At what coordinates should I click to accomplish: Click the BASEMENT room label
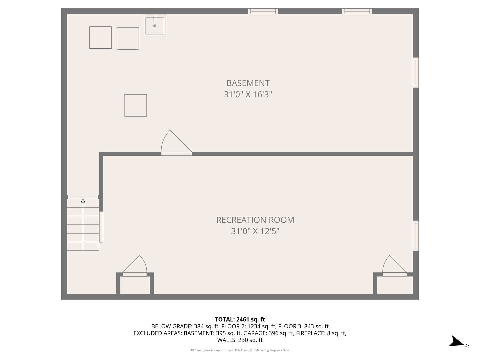(248, 83)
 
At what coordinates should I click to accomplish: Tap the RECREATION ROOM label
(255, 220)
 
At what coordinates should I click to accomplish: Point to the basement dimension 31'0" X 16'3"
(248, 95)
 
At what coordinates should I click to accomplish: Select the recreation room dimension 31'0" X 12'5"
(255, 231)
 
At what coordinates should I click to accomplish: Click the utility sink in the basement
(155, 25)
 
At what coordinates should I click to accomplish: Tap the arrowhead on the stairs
(83, 201)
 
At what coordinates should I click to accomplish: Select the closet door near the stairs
(135, 267)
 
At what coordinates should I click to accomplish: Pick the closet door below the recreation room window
(394, 267)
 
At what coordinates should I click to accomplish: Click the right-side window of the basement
(416, 72)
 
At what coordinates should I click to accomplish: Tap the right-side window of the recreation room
(416, 235)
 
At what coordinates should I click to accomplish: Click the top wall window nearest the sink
(263, 11)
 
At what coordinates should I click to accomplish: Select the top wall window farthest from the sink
(357, 11)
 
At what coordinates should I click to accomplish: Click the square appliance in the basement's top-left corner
(100, 38)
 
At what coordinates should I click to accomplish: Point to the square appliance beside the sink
(128, 38)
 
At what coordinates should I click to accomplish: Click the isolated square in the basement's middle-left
(135, 105)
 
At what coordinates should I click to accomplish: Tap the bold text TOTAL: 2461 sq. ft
(240, 320)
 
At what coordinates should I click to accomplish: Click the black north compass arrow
(456, 342)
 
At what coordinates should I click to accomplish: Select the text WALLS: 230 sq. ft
(240, 340)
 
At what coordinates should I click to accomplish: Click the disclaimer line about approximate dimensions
(240, 350)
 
